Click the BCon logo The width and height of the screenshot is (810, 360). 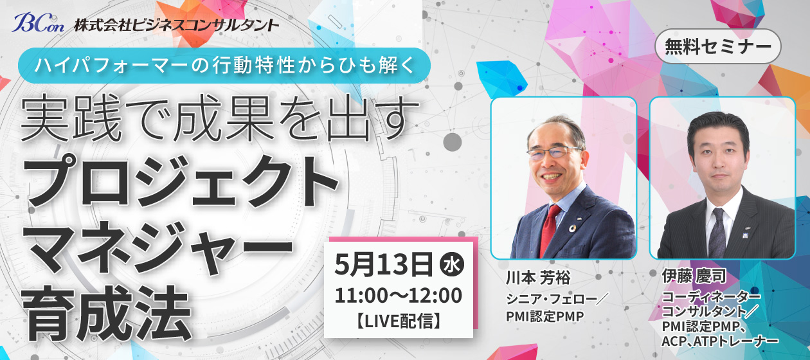tap(38, 23)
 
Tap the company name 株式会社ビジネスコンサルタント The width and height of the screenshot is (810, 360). tap(176, 25)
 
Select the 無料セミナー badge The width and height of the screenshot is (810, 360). tap(718, 47)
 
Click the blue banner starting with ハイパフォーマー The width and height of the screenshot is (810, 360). tap(224, 66)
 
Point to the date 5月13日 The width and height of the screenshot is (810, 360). tap(384, 265)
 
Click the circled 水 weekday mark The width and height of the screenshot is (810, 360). tap(452, 265)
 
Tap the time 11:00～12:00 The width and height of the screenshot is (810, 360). tap(398, 296)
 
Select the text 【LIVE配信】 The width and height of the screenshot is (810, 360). tap(399, 321)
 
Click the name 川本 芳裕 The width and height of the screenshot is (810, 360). tap(537, 278)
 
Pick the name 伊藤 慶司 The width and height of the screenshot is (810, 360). tap(694, 276)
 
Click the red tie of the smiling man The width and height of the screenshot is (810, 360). tap(549, 231)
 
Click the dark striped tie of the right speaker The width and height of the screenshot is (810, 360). tap(717, 233)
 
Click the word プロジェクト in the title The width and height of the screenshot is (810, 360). tap(180, 181)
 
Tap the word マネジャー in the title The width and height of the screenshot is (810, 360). tap(157, 248)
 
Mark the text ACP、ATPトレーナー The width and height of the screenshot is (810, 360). tap(719, 341)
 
